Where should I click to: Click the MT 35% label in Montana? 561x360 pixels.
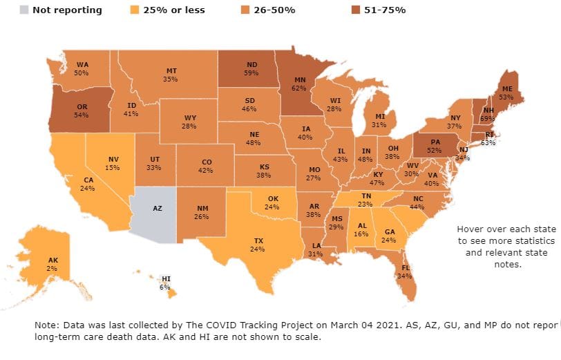pos(171,75)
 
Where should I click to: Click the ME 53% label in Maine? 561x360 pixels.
pos(506,93)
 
